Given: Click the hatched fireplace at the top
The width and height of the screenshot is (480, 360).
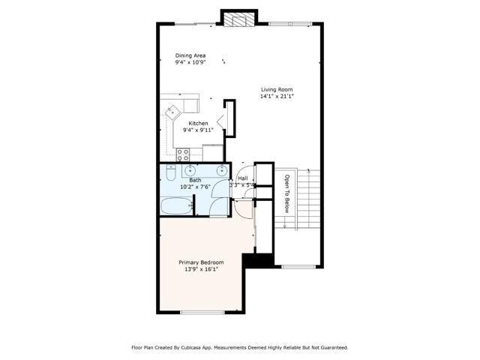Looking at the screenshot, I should pos(239,19).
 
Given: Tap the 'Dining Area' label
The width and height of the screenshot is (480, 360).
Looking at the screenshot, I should pos(190,55).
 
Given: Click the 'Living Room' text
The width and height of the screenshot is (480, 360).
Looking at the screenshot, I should pos(277,89).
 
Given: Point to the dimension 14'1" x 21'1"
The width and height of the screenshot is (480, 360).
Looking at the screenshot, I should pos(277,97).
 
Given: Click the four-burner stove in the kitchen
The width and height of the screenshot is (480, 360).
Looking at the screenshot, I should pos(181,155).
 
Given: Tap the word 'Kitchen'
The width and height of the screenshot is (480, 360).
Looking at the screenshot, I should pos(198,123).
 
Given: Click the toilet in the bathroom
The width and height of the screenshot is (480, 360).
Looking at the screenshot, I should pos(169,175).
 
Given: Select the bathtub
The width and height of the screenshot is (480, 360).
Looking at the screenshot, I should pos(178,204).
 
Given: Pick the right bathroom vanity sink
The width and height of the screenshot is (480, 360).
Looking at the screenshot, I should pos(223,170).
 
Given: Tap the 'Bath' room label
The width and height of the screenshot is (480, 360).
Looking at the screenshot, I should pos(195,180).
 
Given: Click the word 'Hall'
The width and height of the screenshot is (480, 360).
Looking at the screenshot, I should pos(242,178).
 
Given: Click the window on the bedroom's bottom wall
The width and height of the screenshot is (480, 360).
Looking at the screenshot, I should pos(202,312).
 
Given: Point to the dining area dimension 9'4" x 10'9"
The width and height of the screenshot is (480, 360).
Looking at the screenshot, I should pos(190,63).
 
